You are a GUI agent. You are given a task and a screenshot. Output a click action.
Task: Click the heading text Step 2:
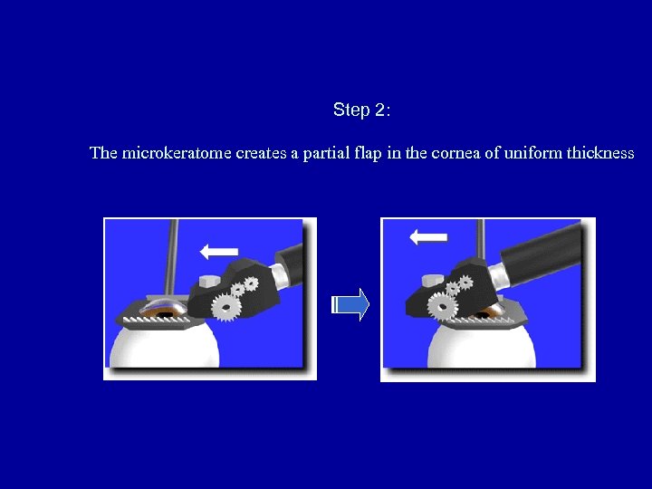coord(361,110)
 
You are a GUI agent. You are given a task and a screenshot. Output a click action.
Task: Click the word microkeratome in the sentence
coord(177,153)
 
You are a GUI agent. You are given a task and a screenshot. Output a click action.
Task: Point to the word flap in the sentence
coord(368,153)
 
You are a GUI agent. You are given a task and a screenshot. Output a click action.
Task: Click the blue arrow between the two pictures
coord(350,305)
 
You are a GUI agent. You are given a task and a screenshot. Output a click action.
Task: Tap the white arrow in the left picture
coord(219,252)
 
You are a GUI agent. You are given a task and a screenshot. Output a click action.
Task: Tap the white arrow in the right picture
coord(428,237)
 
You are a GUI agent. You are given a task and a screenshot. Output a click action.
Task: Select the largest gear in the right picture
coord(442,307)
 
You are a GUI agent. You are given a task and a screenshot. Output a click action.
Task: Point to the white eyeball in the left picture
coord(164,347)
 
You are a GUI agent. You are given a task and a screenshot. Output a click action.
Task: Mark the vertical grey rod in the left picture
coord(170,258)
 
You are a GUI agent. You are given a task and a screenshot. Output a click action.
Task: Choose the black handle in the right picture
coord(541,254)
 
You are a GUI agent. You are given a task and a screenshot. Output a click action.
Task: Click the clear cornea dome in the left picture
coord(162,307)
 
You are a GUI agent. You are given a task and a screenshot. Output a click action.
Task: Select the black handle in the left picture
coord(290,264)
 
